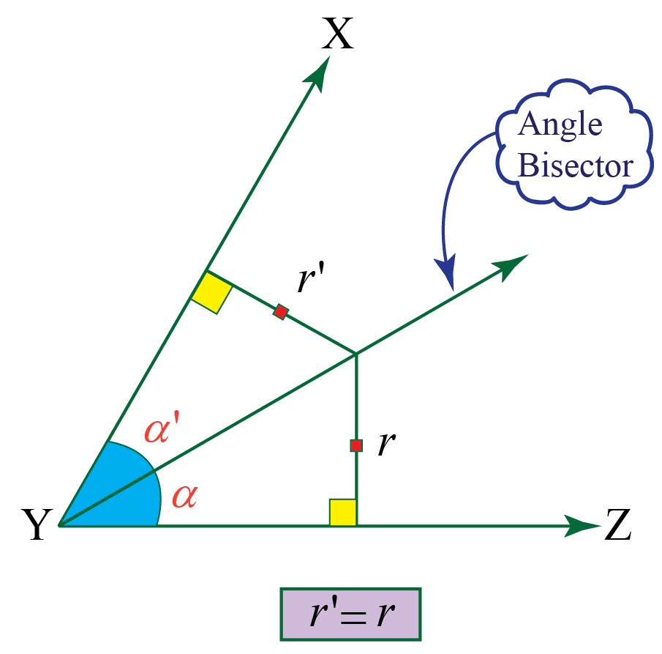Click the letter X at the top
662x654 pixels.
pyautogui.click(x=338, y=34)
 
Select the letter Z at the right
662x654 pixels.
pyautogui.click(x=618, y=527)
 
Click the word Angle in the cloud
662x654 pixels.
pyautogui.click(x=560, y=125)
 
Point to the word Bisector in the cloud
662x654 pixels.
pyautogui.click(x=574, y=166)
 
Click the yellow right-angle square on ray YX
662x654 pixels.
pyautogui.click(x=211, y=293)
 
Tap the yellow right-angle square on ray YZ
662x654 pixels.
pyautogui.click(x=342, y=513)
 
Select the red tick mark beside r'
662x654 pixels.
pyautogui.click(x=280, y=312)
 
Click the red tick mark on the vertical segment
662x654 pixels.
pyautogui.click(x=356, y=445)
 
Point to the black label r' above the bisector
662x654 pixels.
pyautogui.click(x=311, y=280)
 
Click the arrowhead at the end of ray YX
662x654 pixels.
pyautogui.click(x=320, y=72)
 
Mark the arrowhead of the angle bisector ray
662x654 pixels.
pyautogui.click(x=512, y=264)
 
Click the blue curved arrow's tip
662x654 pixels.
pyautogui.click(x=448, y=282)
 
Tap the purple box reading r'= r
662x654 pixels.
pyautogui.click(x=350, y=614)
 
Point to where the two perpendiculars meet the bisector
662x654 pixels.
pyautogui.click(x=356, y=354)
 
